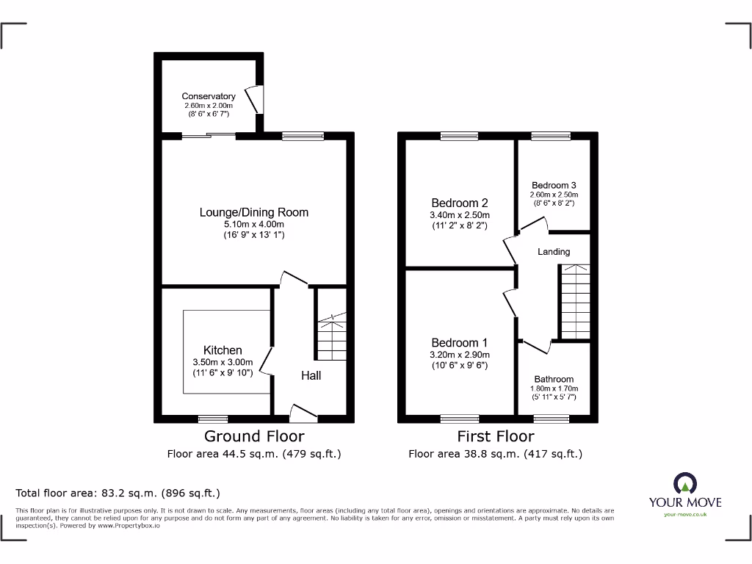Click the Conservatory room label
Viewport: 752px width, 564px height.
(209, 96)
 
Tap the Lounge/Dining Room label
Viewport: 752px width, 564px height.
(253, 212)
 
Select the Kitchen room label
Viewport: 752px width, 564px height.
(223, 350)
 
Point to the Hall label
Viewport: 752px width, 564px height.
(311, 375)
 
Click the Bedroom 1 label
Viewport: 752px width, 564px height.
(459, 343)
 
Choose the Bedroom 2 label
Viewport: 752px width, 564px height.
(459, 203)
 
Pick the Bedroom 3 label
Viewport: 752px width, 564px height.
(554, 185)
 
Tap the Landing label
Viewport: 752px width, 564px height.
(554, 252)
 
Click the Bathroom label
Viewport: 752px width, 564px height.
(554, 379)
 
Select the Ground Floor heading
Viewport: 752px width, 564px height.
(253, 436)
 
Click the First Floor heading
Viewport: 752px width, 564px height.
(496, 436)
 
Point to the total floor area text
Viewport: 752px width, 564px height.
(118, 493)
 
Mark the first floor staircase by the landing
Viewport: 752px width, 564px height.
(575, 302)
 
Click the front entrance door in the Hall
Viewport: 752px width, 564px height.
(304, 414)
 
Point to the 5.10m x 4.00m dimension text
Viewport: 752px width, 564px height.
(253, 225)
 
